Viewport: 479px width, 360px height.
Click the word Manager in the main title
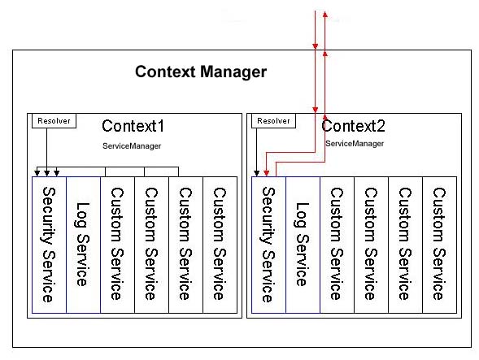233,72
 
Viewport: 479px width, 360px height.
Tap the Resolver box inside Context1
54,121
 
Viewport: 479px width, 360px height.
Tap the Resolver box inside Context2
273,121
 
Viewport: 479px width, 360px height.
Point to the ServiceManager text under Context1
132,145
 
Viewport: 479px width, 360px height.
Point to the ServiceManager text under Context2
355,143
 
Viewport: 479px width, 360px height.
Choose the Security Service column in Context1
48,244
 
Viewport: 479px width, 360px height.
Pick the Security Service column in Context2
268,244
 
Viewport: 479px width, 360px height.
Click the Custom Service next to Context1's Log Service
117,244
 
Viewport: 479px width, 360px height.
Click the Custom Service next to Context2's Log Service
337,244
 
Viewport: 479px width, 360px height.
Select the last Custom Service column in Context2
439,244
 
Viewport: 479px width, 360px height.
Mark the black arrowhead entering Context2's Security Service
258,172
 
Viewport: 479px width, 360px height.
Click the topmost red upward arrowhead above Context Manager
324,15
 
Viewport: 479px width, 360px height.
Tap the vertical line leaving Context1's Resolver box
46,146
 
